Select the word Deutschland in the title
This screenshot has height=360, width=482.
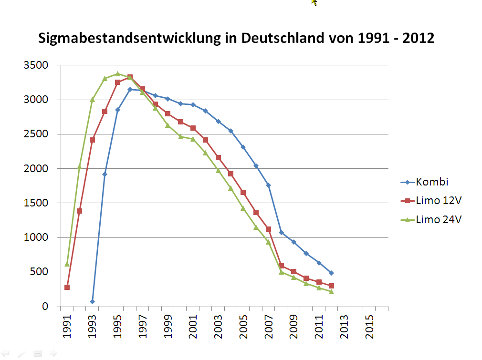(283, 38)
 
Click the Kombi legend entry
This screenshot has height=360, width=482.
(432, 182)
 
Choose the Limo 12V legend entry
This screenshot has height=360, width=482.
(439, 201)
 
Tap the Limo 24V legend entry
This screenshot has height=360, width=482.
(439, 220)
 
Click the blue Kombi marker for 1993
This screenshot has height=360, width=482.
(92, 301)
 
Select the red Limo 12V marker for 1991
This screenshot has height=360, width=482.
(67, 287)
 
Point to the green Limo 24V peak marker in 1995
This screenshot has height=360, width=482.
(117, 74)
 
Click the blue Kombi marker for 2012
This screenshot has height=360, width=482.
(331, 273)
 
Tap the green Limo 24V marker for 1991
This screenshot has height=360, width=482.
(67, 264)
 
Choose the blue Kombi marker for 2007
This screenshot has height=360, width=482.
(269, 185)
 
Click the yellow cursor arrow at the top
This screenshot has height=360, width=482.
(314, 2)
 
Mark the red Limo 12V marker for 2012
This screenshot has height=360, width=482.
(331, 286)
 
